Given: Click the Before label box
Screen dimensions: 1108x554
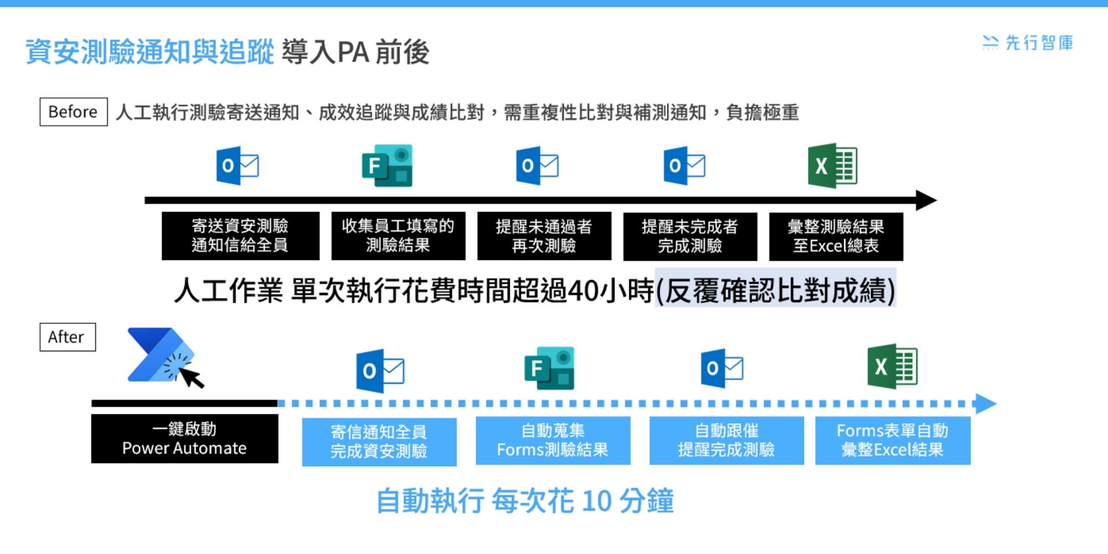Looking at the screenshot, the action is point(74,112).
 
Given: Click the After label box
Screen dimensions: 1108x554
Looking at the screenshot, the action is point(68,337).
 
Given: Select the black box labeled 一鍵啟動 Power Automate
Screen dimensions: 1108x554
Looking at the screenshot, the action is point(184,439).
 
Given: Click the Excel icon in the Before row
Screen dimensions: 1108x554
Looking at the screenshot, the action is point(833,166).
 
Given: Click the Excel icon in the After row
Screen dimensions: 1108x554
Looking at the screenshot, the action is point(892,366).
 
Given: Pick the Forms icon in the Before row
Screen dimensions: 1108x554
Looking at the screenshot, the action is point(387,166).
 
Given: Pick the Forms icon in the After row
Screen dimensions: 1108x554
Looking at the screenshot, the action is point(550,368).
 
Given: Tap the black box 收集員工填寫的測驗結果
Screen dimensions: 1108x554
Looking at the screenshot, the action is point(398,236).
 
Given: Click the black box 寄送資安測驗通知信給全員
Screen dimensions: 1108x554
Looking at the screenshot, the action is point(240,236).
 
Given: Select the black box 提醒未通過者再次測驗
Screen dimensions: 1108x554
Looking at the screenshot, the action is point(544,236).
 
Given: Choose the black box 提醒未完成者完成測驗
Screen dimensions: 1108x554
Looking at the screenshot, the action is point(690,237).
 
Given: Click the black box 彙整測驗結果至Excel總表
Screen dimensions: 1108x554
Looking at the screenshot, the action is point(836,237).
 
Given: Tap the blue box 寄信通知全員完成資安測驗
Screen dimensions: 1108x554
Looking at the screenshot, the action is point(379,442).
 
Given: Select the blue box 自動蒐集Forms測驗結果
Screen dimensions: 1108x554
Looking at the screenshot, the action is point(553,440).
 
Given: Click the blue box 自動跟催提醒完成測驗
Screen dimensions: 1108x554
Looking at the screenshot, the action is point(727,440).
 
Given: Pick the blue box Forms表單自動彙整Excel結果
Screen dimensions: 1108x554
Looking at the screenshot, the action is point(893,440).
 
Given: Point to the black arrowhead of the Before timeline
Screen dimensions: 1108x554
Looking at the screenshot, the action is point(926,200).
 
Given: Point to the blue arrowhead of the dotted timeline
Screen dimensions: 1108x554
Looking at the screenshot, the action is point(986,404).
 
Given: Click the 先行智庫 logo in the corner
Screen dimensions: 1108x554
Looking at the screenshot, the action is point(1028,43).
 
